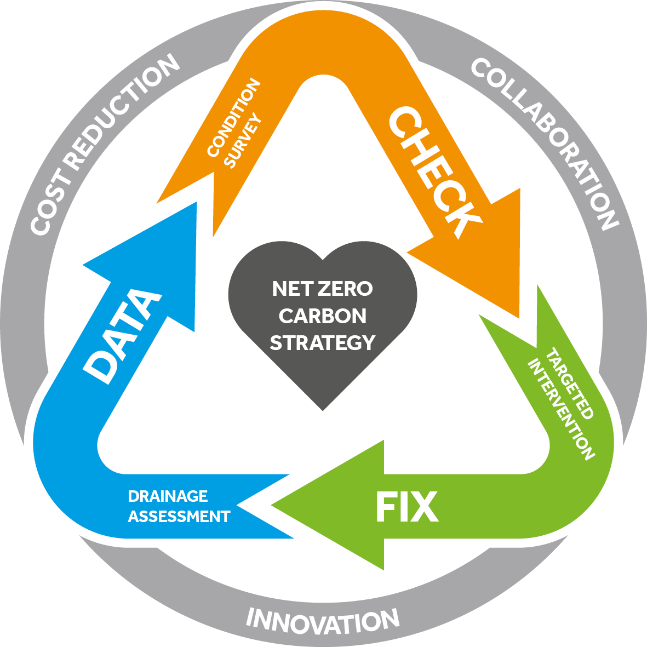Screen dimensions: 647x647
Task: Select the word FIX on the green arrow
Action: click(407, 507)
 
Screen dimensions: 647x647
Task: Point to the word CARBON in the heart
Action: click(323, 316)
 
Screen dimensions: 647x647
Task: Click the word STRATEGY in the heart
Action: click(323, 342)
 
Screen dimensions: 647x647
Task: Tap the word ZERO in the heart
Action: click(345, 288)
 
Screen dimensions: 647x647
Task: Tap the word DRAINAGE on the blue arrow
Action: click(168, 496)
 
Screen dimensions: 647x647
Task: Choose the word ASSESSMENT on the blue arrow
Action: click(179, 517)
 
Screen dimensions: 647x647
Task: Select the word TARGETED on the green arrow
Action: click(570, 383)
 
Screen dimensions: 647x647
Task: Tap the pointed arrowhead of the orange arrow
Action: click(482, 257)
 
